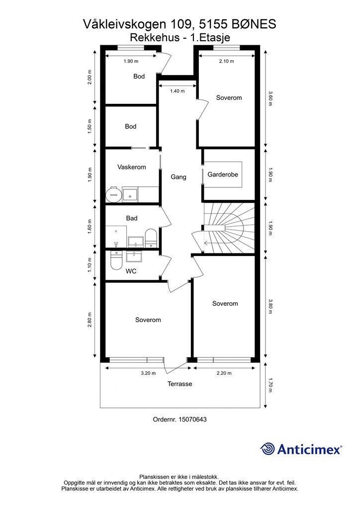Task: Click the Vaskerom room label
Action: (x=131, y=167)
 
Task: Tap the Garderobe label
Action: (x=223, y=174)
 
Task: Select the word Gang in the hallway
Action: (x=179, y=177)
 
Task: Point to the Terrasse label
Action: (x=180, y=384)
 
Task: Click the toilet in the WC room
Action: (x=116, y=260)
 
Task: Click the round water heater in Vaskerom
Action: (x=113, y=194)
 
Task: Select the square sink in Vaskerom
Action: (x=130, y=195)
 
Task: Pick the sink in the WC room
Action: (x=134, y=256)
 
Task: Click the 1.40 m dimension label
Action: (x=177, y=91)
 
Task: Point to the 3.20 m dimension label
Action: (x=148, y=373)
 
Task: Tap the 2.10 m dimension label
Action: (x=226, y=61)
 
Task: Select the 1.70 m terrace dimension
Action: (x=270, y=385)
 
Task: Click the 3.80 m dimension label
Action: (x=270, y=306)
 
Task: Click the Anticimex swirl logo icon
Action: (x=268, y=449)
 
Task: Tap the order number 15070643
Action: (x=192, y=420)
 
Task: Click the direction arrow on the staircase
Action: (x=210, y=242)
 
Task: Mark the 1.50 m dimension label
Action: (x=90, y=126)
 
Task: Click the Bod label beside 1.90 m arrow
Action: (x=139, y=76)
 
